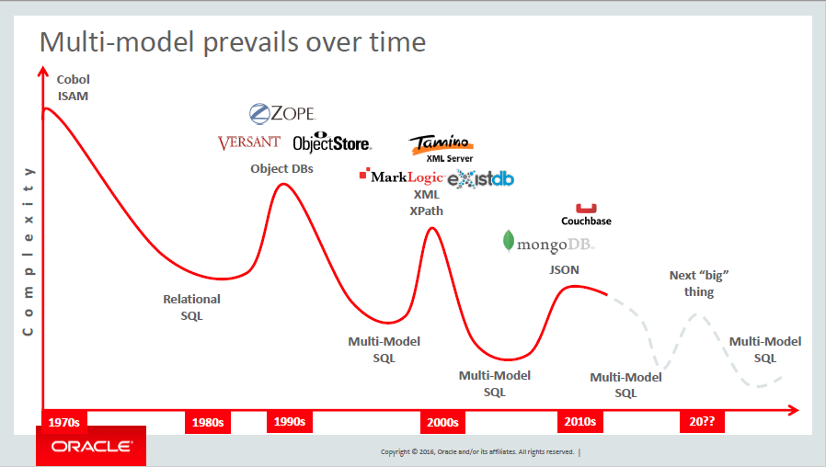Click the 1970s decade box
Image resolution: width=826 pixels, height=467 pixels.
(64, 422)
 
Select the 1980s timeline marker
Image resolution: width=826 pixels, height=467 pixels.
(208, 422)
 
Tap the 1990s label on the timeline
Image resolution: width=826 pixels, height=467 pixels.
(290, 421)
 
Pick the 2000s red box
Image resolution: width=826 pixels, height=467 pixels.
(442, 422)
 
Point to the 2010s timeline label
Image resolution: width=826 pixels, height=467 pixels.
(580, 421)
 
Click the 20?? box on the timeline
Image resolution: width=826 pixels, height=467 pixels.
(702, 421)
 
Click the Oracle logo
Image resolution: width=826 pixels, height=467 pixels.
(91, 446)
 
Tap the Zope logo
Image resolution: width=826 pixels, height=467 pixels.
(282, 114)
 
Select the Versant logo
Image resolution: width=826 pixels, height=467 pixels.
(249, 142)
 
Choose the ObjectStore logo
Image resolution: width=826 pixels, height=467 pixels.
(332, 142)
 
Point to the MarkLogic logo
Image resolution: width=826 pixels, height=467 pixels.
(401, 176)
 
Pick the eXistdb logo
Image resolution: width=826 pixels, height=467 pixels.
(480, 179)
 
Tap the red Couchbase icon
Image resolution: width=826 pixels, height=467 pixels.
(586, 209)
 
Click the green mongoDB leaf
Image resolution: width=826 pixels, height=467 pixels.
(509, 241)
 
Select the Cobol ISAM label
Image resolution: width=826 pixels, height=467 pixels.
(74, 87)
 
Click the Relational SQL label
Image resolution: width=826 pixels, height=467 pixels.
(191, 307)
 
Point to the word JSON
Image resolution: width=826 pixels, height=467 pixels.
(564, 269)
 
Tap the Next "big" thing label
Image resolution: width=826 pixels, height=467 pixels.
(699, 283)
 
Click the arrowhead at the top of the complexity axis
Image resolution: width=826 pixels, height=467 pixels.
(43, 71)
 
